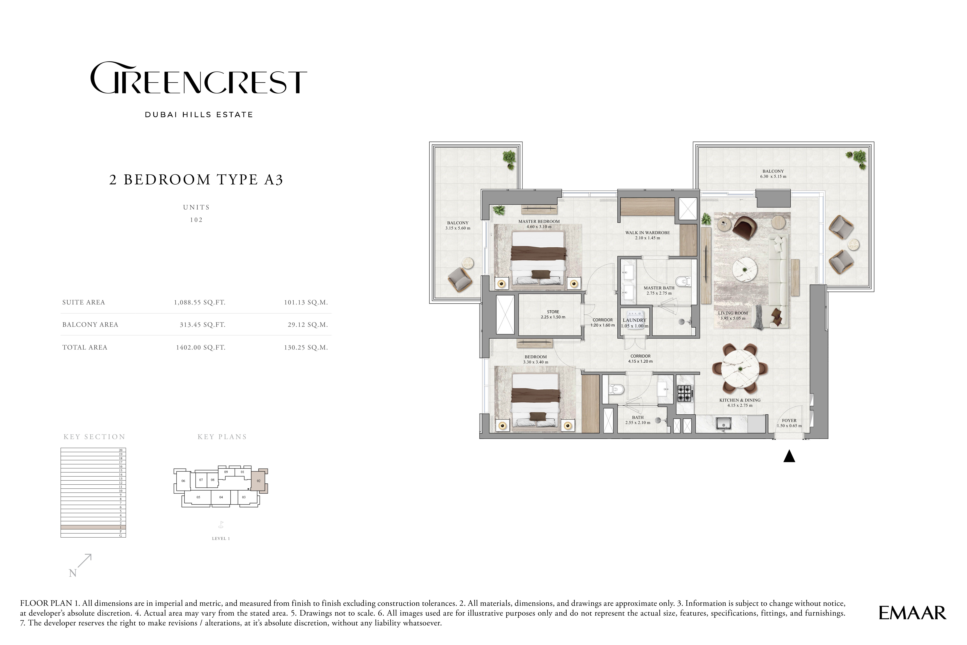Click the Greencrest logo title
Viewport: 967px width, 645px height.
click(198, 78)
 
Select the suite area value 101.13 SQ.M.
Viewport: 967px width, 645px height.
click(306, 302)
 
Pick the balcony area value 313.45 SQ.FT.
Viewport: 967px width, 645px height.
click(202, 325)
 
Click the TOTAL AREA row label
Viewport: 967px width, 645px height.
click(85, 347)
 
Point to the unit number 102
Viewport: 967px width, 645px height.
click(196, 220)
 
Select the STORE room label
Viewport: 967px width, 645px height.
click(553, 312)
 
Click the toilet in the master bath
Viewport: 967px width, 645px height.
click(683, 281)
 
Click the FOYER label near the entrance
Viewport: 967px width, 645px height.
click(789, 420)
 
